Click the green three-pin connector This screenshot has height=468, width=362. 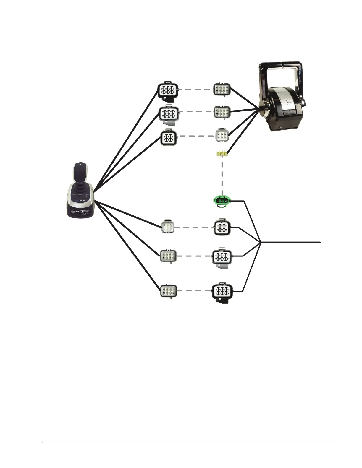point(222,201)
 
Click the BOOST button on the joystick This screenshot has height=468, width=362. point(80,196)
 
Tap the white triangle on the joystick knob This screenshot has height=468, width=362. point(80,163)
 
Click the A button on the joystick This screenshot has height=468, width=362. point(74,196)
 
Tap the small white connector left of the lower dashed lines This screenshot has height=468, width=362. point(168,227)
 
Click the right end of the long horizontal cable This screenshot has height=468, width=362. point(320,242)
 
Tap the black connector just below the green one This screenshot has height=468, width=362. point(222,227)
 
